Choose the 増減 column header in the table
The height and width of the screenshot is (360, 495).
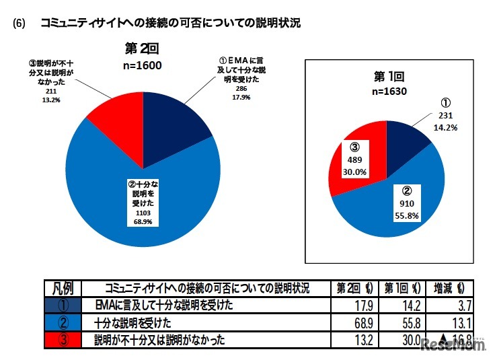(449, 288)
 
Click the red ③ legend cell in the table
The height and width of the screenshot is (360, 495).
(63, 340)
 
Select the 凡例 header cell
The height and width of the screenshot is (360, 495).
(63, 288)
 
